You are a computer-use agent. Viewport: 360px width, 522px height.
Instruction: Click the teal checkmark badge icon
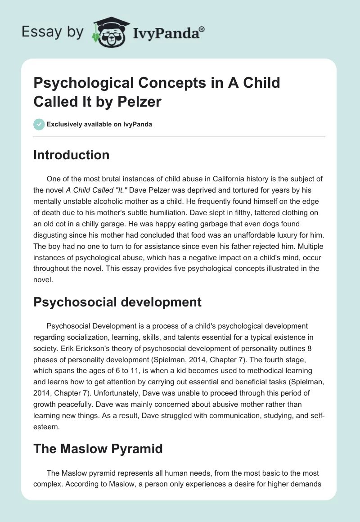click(39, 124)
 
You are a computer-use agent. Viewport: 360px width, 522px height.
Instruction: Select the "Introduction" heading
click(72, 155)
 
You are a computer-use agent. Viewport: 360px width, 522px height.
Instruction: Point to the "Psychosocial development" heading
click(117, 302)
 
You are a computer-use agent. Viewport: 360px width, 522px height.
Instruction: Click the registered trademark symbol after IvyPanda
click(202, 29)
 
